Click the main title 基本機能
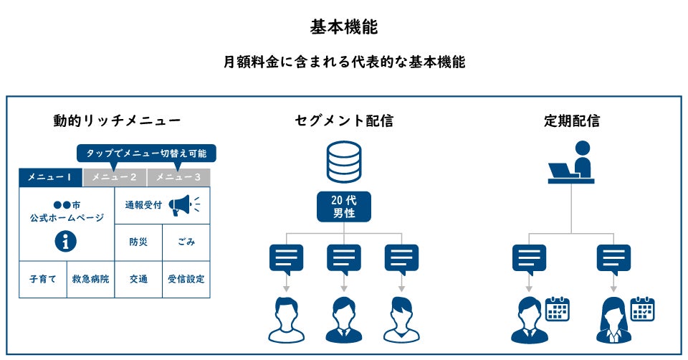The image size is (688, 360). pos(344,27)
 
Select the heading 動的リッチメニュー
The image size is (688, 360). pos(117,120)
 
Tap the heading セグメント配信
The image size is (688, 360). pos(344,120)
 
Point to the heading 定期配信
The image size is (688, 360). pos(571,120)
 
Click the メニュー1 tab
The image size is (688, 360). pos(51,177)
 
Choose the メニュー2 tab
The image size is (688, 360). pos(115,177)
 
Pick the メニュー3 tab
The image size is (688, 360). pos(178,177)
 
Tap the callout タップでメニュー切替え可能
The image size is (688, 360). pos(146,153)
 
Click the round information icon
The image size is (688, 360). pos(66,242)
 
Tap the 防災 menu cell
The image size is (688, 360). pos(138,242)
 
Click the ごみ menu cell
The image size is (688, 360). pos(186,242)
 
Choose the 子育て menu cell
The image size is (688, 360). pos(42,279)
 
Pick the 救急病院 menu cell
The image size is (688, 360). pos(90,279)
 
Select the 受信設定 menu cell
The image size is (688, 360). pos(186,279)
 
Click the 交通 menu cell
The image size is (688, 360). pos(138,279)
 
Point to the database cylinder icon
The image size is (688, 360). pos(343,162)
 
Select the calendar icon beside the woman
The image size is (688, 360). pos(643,309)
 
